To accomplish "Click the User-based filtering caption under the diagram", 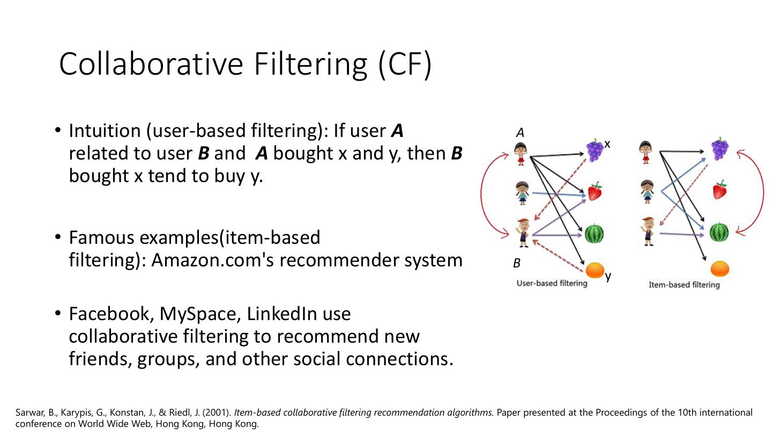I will (552, 283).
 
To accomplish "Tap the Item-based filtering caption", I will (684, 285).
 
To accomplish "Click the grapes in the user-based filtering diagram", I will (595, 150).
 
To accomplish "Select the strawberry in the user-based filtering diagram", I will (595, 191).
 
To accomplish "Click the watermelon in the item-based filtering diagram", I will (719, 233).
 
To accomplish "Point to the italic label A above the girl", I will (519, 133).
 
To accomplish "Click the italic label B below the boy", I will (517, 263).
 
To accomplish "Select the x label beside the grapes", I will (607, 144).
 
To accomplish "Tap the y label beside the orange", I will (608, 276).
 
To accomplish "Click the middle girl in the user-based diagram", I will (522, 192).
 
